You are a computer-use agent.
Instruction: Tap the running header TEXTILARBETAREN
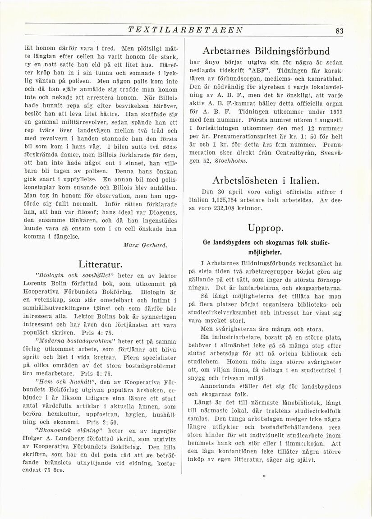coord(185,30)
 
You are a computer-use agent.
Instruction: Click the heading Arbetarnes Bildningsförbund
coord(266,51)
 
